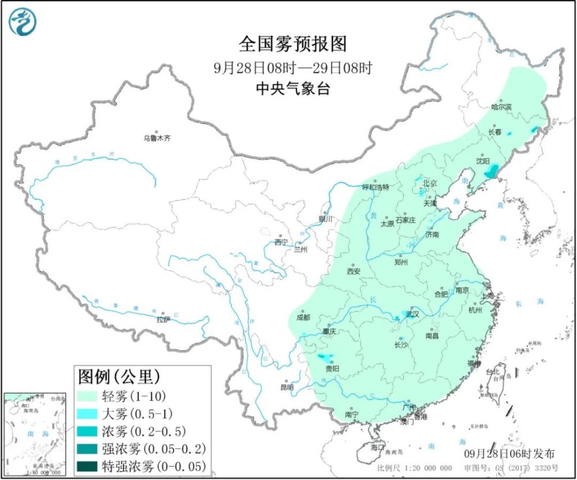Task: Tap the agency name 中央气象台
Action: point(293,89)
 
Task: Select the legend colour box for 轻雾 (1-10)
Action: point(89,396)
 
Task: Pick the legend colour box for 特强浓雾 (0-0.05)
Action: point(89,466)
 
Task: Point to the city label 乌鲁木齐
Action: point(158,138)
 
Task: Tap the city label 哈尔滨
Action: point(501,107)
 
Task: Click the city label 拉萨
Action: point(163,319)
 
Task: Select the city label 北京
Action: point(430,183)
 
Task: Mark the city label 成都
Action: point(302,317)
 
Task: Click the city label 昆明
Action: point(287,387)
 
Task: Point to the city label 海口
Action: point(378,447)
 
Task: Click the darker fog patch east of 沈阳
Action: point(491,172)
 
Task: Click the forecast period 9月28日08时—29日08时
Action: point(293,67)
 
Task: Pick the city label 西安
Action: point(354,271)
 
